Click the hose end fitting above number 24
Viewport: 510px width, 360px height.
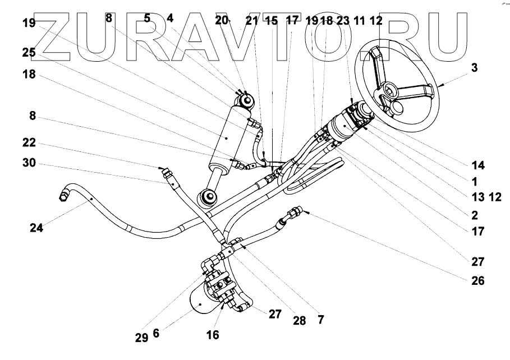tap(63, 195)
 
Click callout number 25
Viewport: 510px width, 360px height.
tap(29, 52)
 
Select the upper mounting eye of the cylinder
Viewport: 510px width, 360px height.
tap(245, 101)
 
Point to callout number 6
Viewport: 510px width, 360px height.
tap(156, 333)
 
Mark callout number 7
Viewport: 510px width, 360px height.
tap(320, 320)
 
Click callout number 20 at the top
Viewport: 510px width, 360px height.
tap(222, 21)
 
